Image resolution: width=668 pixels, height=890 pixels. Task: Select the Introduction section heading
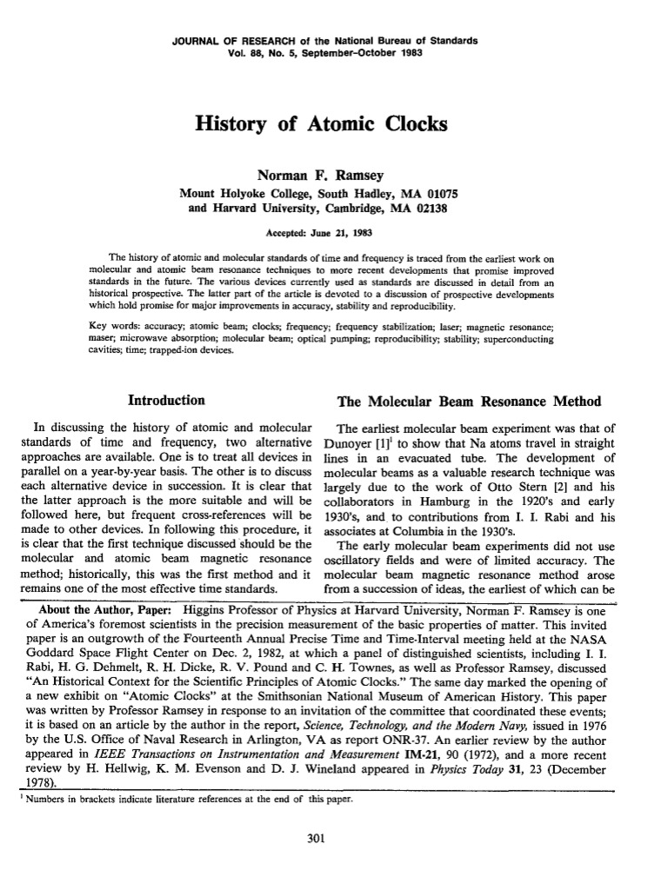point(166,401)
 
